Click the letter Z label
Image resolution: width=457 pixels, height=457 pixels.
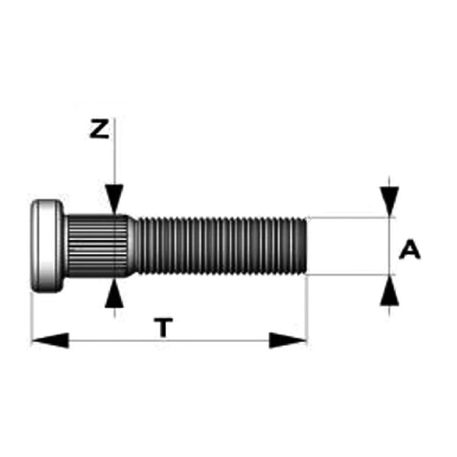(x=99, y=129)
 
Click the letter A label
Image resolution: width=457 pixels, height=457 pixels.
(x=410, y=249)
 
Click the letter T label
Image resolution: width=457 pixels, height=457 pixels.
(x=164, y=328)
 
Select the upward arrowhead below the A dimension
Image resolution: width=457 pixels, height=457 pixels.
(x=389, y=291)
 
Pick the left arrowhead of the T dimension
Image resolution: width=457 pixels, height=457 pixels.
(x=50, y=340)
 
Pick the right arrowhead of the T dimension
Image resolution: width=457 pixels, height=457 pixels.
(x=288, y=340)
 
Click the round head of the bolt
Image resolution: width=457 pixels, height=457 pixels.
(x=47, y=246)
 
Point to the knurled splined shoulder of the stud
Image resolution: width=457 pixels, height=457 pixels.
(x=97, y=246)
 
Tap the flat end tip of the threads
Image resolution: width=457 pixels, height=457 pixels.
(x=305, y=246)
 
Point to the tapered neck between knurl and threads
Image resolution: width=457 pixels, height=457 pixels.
(x=133, y=246)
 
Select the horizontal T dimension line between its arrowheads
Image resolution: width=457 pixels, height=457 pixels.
(x=169, y=340)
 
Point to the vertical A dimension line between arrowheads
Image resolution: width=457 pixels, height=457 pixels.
(x=389, y=246)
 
